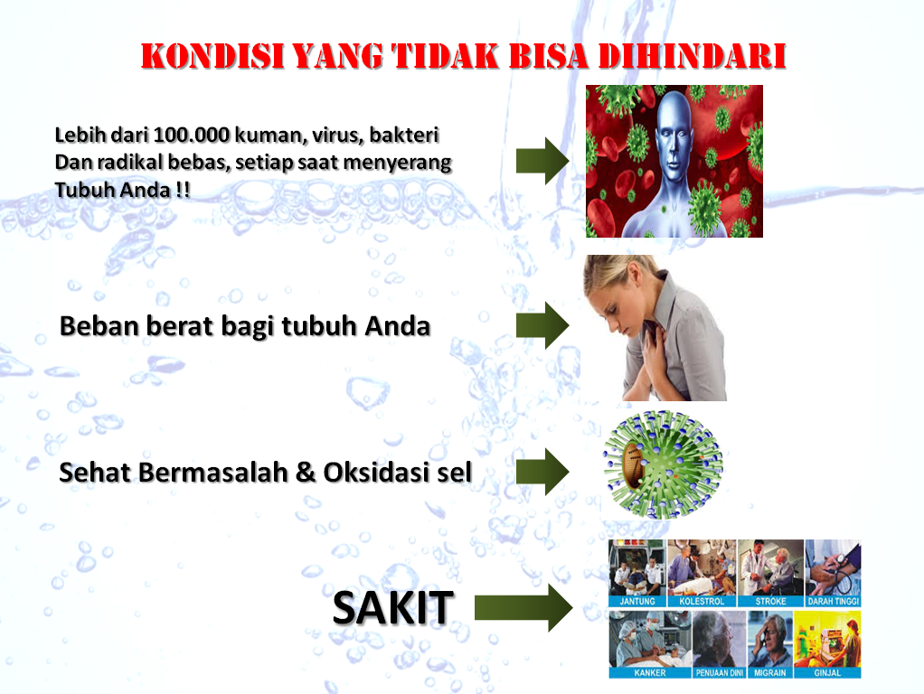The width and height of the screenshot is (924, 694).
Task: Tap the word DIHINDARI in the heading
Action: point(693,57)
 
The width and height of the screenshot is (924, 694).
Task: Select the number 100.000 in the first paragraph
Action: point(191,135)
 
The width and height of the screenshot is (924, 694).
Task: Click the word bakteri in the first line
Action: point(404,135)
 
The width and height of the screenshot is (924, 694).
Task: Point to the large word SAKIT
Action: point(393,607)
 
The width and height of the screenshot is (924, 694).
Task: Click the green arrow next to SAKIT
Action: point(523,607)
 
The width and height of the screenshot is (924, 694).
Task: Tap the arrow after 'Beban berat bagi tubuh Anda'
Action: point(542,325)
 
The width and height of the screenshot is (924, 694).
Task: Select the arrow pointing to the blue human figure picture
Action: point(542,161)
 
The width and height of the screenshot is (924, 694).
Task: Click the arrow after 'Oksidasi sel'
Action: point(542,472)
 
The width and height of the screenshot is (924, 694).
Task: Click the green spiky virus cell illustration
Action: point(663,464)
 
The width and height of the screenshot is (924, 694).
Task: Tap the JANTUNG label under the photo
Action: point(637,602)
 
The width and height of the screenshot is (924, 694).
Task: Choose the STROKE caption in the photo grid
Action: point(771,602)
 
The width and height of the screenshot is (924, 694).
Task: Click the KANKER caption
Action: point(650,672)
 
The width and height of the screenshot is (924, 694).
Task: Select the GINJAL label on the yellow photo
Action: point(827,672)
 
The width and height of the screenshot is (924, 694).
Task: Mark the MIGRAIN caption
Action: point(770,672)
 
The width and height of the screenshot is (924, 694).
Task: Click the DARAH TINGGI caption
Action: point(834,602)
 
